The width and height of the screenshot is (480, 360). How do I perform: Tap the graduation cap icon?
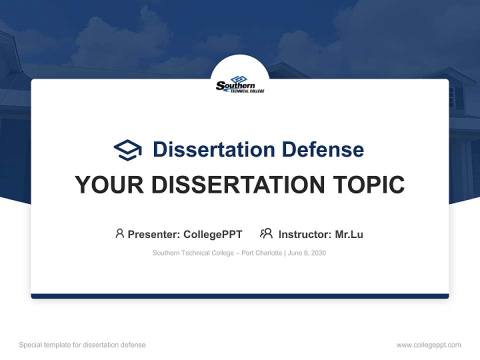(x=127, y=149)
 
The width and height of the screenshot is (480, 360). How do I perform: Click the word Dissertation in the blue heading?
(x=214, y=149)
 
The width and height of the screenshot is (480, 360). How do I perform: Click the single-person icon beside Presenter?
(x=119, y=233)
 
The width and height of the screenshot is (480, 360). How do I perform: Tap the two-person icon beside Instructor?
(x=266, y=233)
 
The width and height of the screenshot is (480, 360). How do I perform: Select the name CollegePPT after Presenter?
(x=212, y=234)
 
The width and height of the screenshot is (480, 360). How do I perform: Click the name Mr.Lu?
(x=349, y=234)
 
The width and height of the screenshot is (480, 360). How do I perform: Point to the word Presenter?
(x=154, y=234)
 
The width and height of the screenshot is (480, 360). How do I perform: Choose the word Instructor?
(x=304, y=234)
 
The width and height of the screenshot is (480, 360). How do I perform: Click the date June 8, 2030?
(x=306, y=253)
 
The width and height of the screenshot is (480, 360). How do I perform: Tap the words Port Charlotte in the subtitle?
(x=262, y=253)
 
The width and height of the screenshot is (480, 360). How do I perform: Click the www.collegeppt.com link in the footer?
(x=428, y=345)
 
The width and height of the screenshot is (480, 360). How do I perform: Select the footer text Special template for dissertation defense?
(x=82, y=345)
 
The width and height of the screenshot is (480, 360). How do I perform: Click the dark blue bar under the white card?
(x=240, y=296)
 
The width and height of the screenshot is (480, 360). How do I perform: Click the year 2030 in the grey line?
(x=318, y=253)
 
